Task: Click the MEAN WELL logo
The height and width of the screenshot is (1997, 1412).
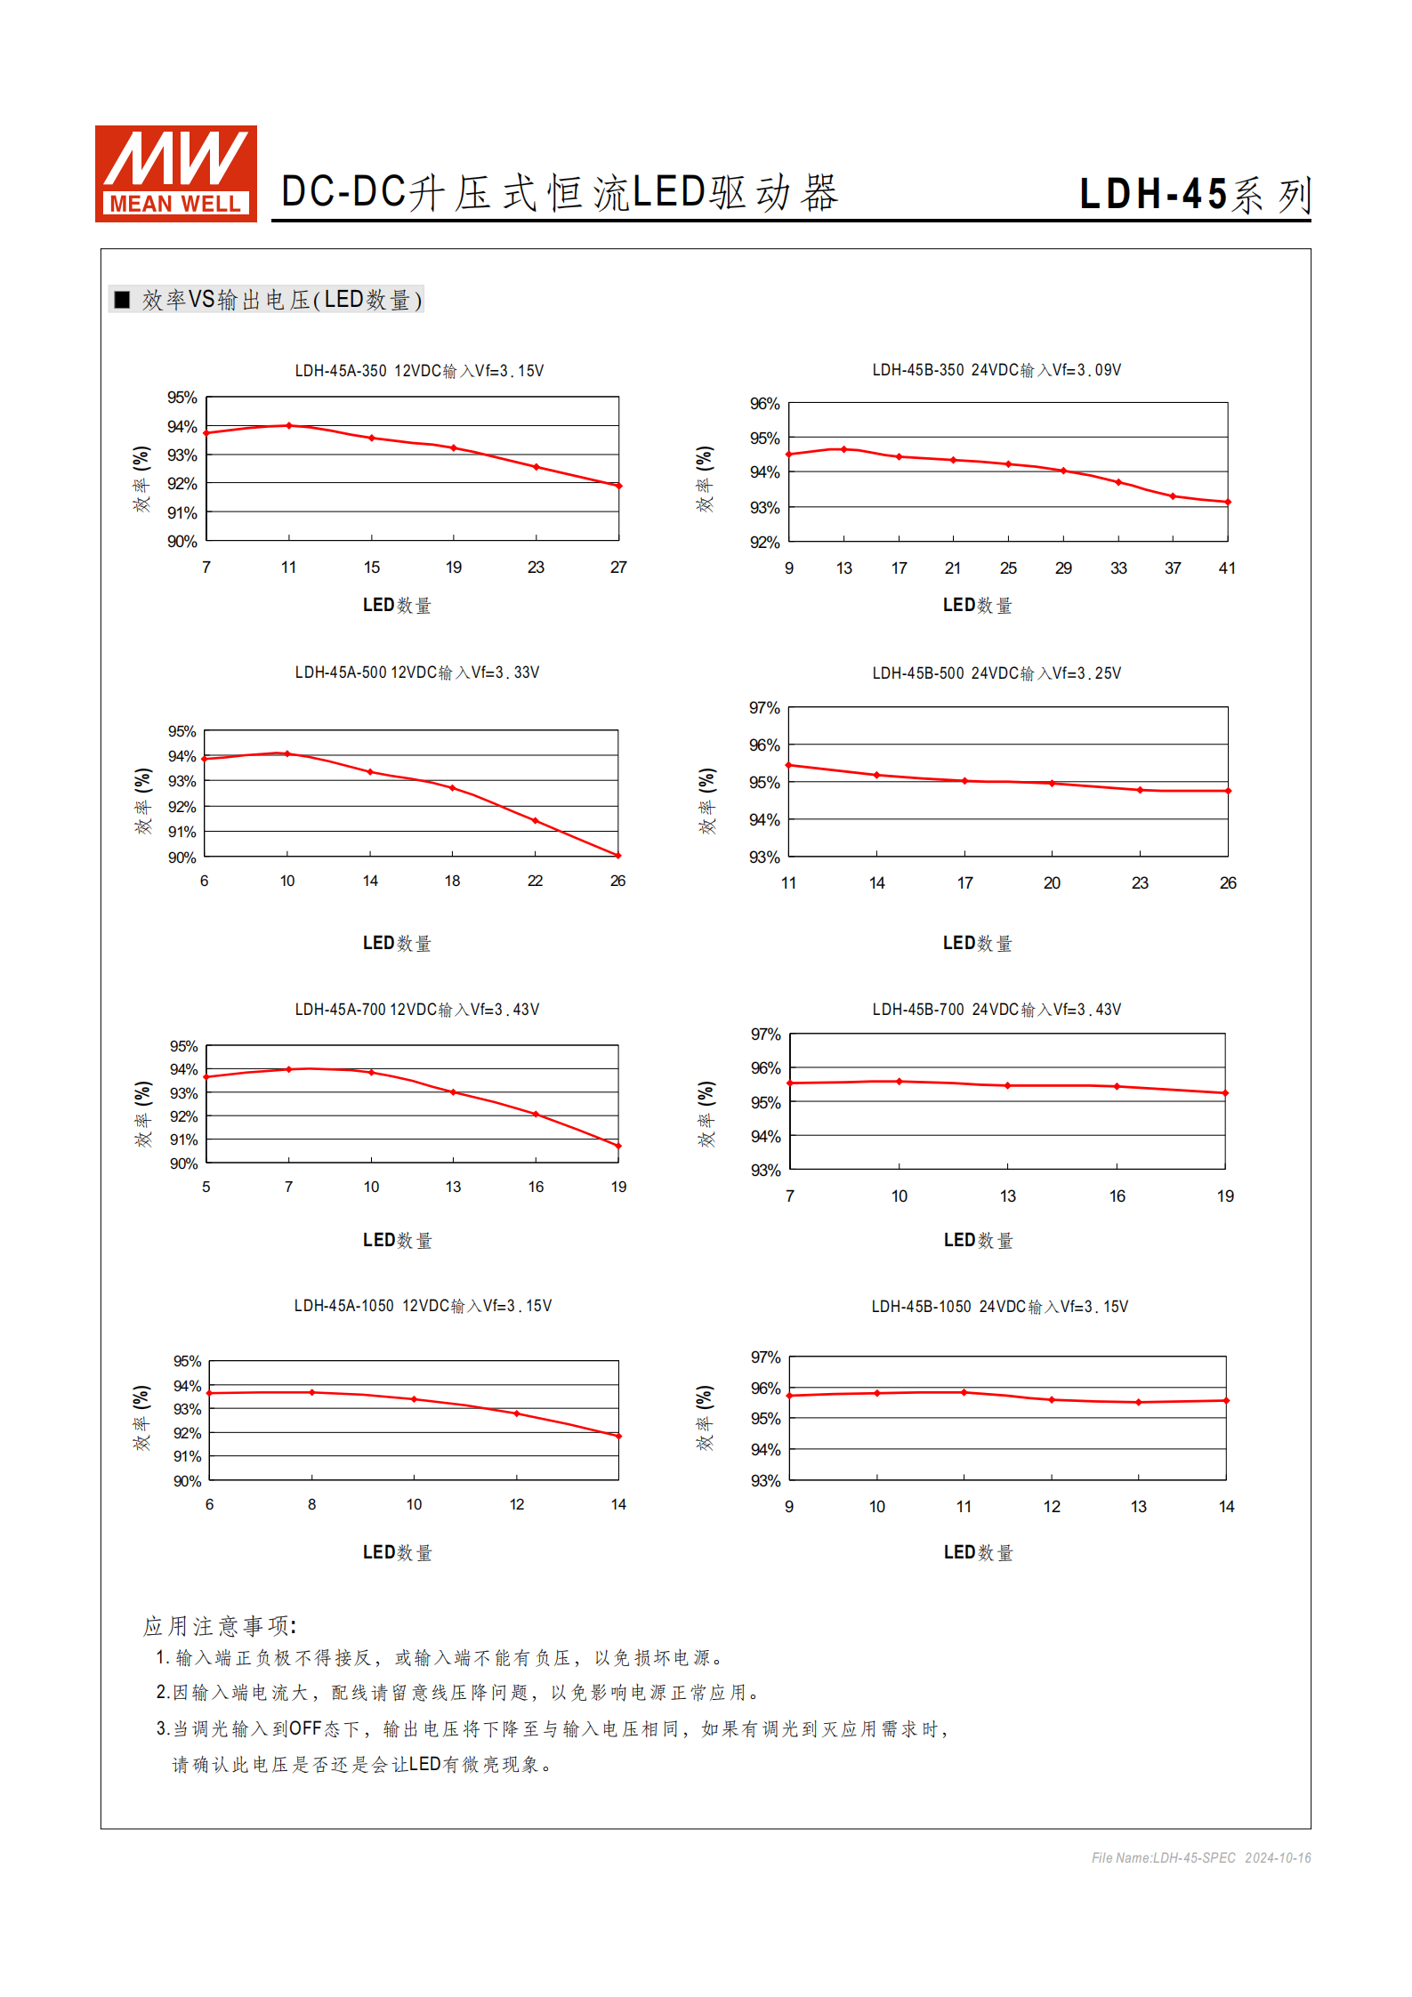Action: pyautogui.click(x=176, y=173)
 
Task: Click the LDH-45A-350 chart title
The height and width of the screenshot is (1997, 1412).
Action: pyautogui.click(x=419, y=371)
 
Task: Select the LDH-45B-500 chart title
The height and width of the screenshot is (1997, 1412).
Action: pyautogui.click(x=996, y=673)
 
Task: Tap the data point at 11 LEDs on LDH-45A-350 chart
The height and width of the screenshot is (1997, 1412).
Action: pyautogui.click(x=289, y=426)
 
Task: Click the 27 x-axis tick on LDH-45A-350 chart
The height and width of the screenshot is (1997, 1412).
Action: pyautogui.click(x=618, y=568)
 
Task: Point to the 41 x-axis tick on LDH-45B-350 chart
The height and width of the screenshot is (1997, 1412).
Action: pyautogui.click(x=1227, y=568)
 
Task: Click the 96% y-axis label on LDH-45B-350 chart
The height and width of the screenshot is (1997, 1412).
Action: pyautogui.click(x=764, y=404)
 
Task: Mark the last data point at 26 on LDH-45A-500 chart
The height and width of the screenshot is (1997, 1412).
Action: pyautogui.click(x=618, y=856)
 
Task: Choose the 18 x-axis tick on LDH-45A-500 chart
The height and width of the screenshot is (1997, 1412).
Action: pyautogui.click(x=453, y=881)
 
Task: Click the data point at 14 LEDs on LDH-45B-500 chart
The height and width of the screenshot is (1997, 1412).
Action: pyautogui.click(x=877, y=775)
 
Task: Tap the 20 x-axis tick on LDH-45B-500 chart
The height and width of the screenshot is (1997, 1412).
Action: pyautogui.click(x=1052, y=883)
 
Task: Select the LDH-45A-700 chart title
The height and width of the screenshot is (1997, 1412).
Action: pyautogui.click(x=417, y=1010)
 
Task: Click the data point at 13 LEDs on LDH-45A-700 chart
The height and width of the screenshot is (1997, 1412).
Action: pyautogui.click(x=454, y=1092)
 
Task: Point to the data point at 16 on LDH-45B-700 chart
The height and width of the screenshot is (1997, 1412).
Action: pyautogui.click(x=1117, y=1086)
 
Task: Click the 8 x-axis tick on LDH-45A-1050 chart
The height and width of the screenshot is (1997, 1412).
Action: pyautogui.click(x=312, y=1504)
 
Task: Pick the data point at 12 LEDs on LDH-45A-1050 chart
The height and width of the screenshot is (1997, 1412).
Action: pyautogui.click(x=517, y=1413)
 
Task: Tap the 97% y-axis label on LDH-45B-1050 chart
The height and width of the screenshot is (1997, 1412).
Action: pyautogui.click(x=765, y=1357)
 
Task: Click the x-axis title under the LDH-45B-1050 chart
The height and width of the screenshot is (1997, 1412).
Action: pyautogui.click(x=979, y=1552)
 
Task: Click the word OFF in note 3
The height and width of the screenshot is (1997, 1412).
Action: pyautogui.click(x=305, y=1728)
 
